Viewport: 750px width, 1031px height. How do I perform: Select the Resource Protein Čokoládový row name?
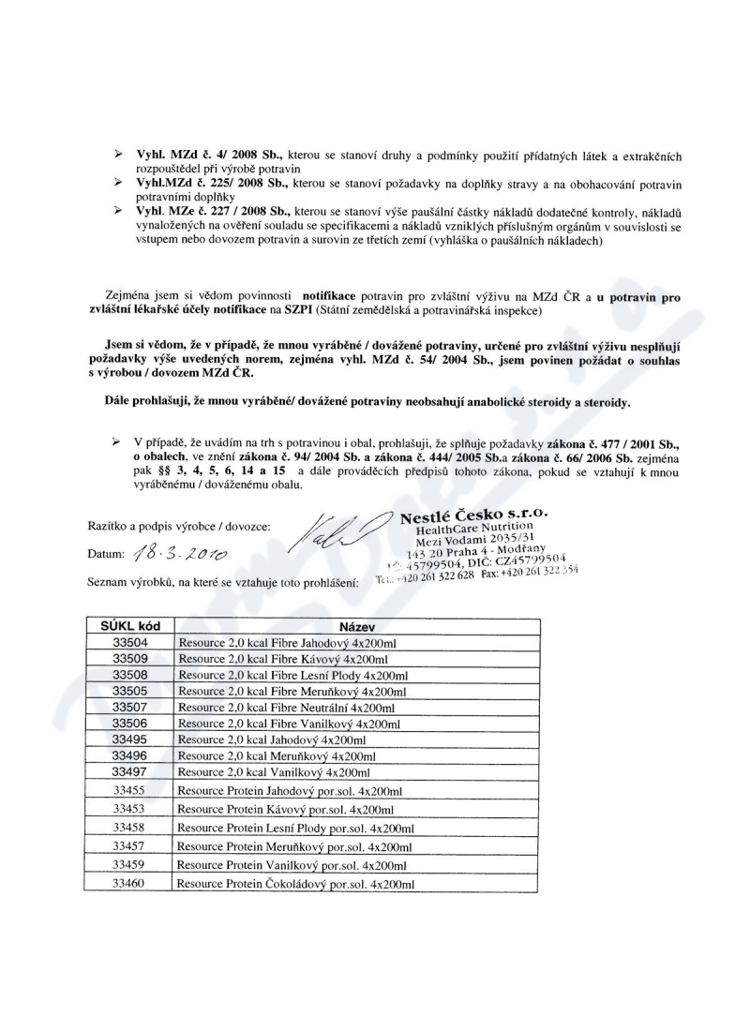tap(295, 884)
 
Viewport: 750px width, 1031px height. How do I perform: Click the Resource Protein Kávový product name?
tap(284, 809)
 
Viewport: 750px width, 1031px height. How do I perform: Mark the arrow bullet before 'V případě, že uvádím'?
tap(117, 441)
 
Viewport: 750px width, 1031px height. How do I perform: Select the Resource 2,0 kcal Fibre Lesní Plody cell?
tap(292, 675)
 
